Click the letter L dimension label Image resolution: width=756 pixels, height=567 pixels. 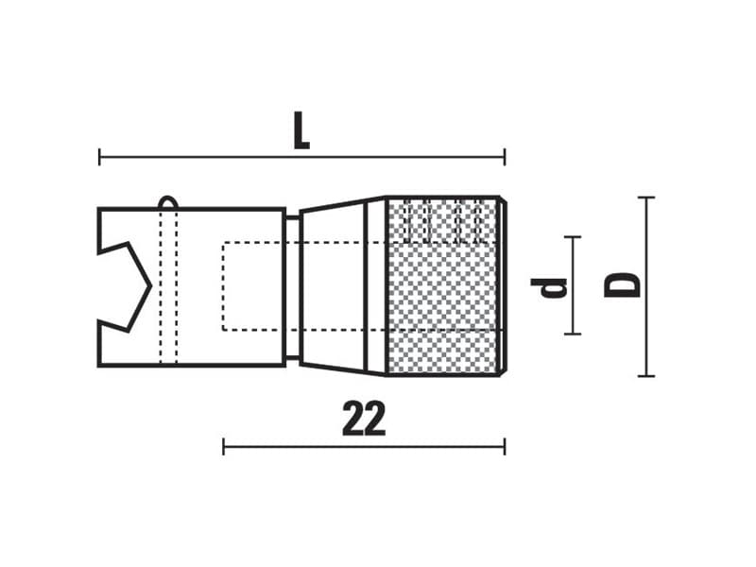pyautogui.click(x=301, y=130)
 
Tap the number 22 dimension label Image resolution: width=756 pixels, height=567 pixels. pyautogui.click(x=364, y=418)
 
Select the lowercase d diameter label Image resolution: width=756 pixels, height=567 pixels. pyautogui.click(x=549, y=288)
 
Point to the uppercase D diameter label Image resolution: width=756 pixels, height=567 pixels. pyautogui.click(x=622, y=285)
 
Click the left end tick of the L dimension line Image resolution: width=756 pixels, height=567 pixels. pyautogui.click(x=99, y=157)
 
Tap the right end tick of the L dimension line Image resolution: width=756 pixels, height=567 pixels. pyautogui.click(x=505, y=157)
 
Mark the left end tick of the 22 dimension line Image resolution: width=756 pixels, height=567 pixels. pyautogui.click(x=223, y=446)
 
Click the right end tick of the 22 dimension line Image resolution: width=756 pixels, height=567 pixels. pyautogui.click(x=505, y=446)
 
